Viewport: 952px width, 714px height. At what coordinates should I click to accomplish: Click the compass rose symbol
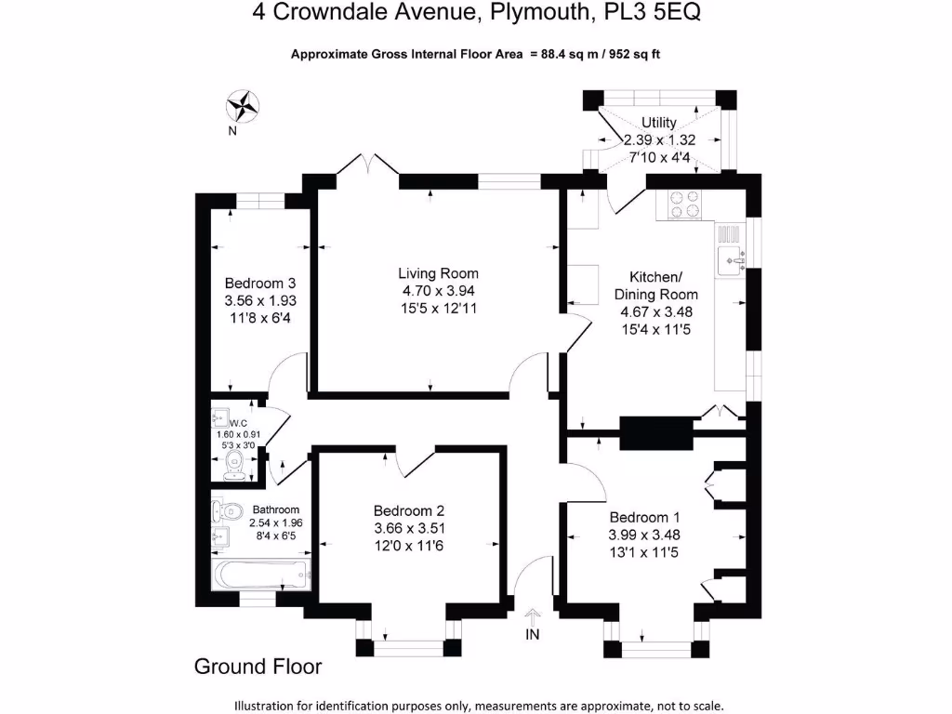pos(244,105)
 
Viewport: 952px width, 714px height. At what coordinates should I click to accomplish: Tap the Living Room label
pos(438,273)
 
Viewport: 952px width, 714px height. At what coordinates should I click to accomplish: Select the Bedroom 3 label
pos(259,284)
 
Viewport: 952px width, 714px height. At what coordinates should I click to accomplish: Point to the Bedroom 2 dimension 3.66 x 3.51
pos(409,528)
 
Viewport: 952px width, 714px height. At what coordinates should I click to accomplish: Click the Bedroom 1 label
pos(638,518)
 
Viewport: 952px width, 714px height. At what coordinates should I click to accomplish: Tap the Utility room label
pos(658,123)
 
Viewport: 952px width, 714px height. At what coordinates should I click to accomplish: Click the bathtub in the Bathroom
pos(260,575)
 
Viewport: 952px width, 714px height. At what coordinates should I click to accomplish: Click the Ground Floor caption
pos(258,667)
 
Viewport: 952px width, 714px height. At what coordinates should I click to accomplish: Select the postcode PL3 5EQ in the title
pos(656,13)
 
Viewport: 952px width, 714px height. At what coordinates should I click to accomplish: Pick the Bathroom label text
pos(276,509)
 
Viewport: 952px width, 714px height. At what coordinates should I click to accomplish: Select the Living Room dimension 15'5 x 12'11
pos(438,308)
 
